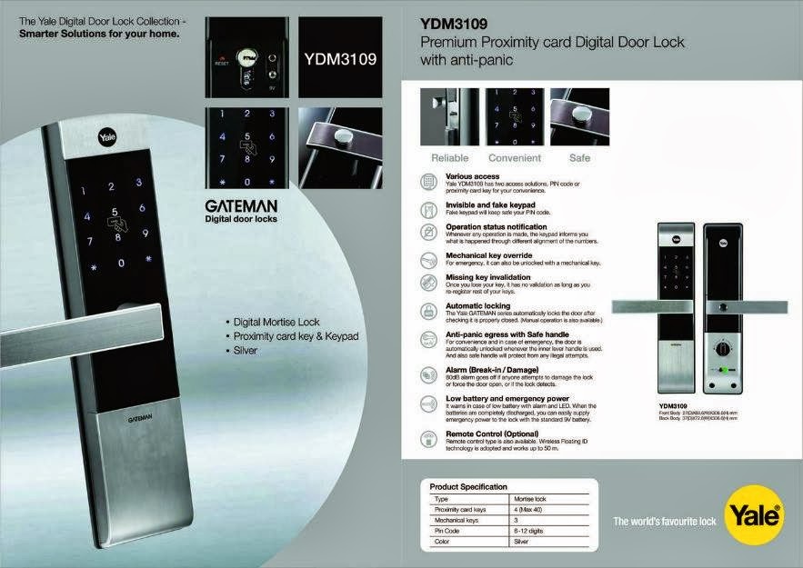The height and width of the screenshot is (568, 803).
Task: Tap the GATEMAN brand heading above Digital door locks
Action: (x=241, y=206)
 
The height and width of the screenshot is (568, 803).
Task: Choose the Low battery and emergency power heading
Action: (x=507, y=398)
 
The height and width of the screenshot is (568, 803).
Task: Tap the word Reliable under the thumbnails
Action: (x=450, y=158)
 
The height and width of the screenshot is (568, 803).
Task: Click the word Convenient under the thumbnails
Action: (x=515, y=158)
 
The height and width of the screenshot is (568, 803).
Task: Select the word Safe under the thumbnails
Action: (x=579, y=158)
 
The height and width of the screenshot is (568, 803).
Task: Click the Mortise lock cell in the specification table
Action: (x=529, y=499)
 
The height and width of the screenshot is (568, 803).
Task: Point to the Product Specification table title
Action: (x=468, y=487)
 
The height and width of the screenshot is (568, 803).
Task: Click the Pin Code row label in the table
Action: (x=446, y=530)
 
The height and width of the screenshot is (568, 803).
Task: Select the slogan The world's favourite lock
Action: (x=666, y=521)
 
